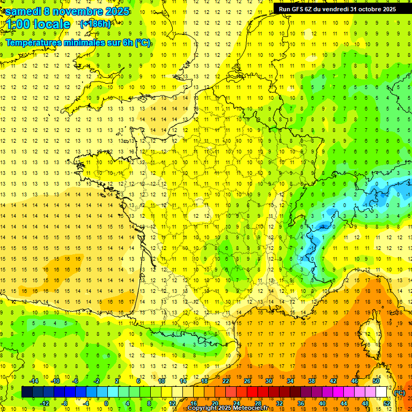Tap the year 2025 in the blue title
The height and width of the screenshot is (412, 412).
click(114, 11)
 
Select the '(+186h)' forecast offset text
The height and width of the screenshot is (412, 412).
click(95, 24)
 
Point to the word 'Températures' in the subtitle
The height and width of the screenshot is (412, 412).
click(36, 43)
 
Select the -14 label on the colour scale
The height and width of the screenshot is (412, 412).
click(35, 381)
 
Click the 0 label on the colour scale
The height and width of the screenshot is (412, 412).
click(106, 403)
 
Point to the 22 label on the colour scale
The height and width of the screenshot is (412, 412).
click(226, 381)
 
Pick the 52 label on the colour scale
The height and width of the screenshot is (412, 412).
click(387, 403)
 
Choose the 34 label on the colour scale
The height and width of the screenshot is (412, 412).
click(290, 381)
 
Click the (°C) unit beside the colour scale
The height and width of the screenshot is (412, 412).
click(400, 392)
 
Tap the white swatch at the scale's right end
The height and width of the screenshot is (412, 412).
click(381, 392)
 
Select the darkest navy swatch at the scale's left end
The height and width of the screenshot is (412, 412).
click(27, 392)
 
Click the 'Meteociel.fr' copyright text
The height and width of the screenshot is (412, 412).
click(255, 408)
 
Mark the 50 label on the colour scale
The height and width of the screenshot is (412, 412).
click(376, 381)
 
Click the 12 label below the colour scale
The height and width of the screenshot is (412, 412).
click(172, 403)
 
